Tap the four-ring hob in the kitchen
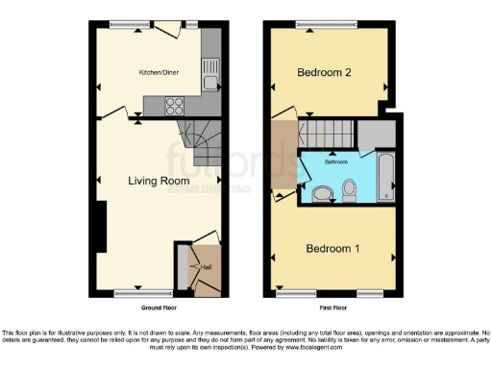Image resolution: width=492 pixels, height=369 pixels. (x=177, y=106)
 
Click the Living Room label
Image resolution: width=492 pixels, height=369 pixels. (x=159, y=180)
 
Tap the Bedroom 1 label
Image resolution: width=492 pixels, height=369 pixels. (x=332, y=249)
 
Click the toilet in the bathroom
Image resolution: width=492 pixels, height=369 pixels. (x=349, y=195)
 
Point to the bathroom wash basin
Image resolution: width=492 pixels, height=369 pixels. (x=322, y=195)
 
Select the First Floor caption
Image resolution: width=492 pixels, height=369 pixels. (x=332, y=307)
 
